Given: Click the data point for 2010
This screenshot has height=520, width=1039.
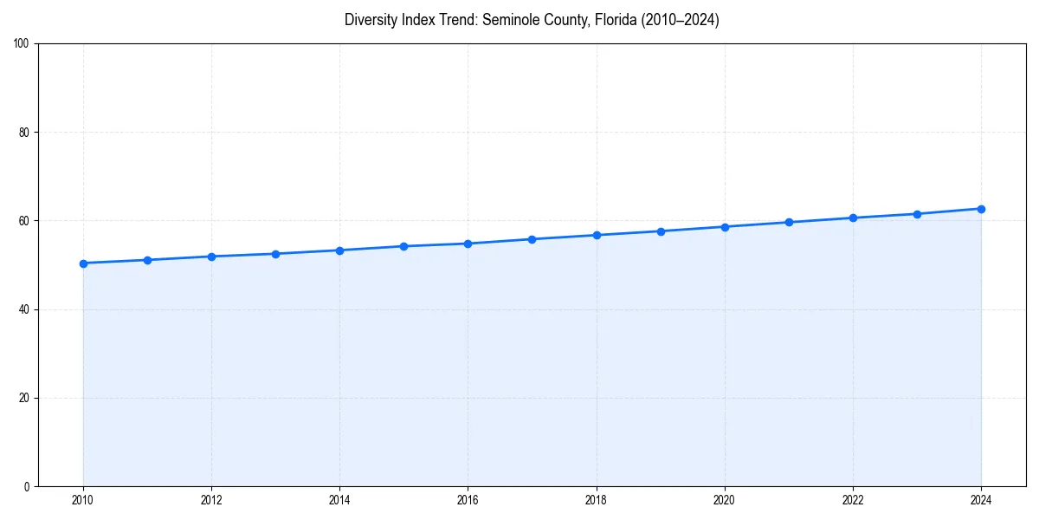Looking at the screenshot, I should [x=83, y=263].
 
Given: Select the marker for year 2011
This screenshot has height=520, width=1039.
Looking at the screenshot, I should [x=147, y=260].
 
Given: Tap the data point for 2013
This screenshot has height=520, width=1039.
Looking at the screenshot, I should [x=275, y=254].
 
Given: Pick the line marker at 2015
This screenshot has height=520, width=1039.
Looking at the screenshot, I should [x=403, y=246].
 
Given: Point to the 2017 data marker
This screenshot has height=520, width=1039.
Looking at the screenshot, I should [x=532, y=239].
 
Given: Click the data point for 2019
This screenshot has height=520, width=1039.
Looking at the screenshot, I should [x=661, y=231].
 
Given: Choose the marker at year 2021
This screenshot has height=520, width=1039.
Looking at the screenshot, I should [x=789, y=222].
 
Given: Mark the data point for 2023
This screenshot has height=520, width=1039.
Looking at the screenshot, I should [x=917, y=214].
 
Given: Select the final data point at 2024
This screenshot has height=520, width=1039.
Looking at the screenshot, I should [x=981, y=209].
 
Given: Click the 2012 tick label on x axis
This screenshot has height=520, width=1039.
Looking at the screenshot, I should [x=211, y=500].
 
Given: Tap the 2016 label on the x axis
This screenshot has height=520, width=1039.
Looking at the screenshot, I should [x=468, y=500].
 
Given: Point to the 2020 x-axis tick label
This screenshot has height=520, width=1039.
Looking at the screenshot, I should [x=725, y=500].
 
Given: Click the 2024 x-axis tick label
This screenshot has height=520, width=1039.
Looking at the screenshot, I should [x=981, y=500].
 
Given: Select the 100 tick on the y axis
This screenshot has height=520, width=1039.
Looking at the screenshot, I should [x=23, y=44].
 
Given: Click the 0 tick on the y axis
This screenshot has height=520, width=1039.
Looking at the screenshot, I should [x=28, y=486].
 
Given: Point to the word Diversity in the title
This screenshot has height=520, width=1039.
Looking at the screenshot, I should [x=370, y=20].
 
